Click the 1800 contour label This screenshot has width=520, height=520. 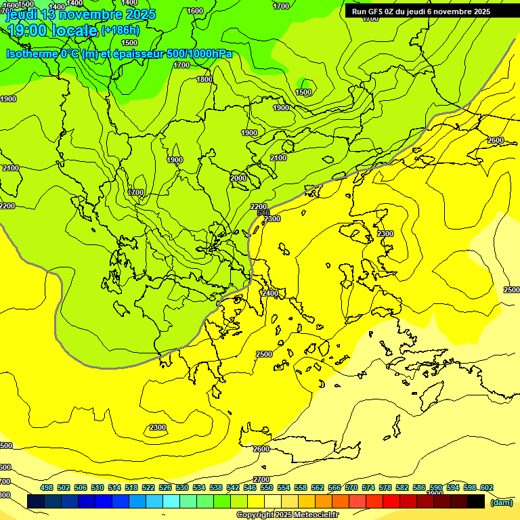click(x=204, y=79)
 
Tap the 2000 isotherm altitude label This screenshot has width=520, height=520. click(x=238, y=178)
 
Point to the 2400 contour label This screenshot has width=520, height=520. click(x=269, y=293)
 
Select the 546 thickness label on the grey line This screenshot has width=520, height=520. click(x=264, y=213)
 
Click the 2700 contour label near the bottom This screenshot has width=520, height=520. click(x=261, y=480)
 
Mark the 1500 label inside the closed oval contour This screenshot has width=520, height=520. click(x=304, y=92)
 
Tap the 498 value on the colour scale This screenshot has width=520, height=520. click(x=47, y=487)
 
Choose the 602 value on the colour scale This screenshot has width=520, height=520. click(x=487, y=487)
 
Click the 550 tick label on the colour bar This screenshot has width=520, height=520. click(x=267, y=487)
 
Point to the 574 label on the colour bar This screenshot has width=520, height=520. click(x=368, y=487)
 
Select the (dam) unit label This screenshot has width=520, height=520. click(x=502, y=502)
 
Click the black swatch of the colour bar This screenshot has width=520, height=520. click(x=476, y=501)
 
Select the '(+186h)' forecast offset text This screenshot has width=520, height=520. click(x=120, y=30)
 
